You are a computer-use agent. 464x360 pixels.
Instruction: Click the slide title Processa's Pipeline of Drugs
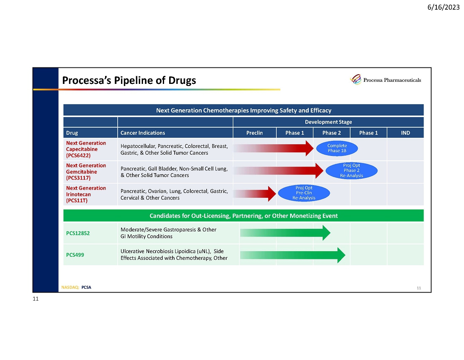(129, 81)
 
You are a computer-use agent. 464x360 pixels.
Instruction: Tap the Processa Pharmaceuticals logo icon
(356, 79)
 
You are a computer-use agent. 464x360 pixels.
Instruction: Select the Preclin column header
(254, 133)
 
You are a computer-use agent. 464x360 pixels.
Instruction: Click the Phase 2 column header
(332, 133)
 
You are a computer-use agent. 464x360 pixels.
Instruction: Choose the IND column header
(405, 133)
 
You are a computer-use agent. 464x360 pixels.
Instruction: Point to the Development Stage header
(328, 122)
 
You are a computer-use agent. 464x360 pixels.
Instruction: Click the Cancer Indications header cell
(143, 133)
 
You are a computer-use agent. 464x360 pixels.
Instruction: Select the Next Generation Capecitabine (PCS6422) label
(86, 149)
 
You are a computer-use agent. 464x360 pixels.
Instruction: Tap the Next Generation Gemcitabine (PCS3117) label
(86, 172)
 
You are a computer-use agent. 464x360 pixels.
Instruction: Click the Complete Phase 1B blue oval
(337, 148)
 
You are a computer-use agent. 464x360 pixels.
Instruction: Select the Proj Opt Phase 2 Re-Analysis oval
(351, 170)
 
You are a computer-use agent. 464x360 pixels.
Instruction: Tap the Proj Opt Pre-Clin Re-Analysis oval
(304, 193)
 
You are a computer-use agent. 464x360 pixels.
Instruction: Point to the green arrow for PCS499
(293, 255)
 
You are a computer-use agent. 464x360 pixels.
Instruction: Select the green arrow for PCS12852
(285, 233)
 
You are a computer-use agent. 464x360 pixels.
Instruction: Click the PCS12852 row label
(78, 233)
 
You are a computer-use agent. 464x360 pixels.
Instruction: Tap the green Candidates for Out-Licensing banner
(243, 216)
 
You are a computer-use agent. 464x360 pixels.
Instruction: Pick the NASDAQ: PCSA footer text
(76, 287)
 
